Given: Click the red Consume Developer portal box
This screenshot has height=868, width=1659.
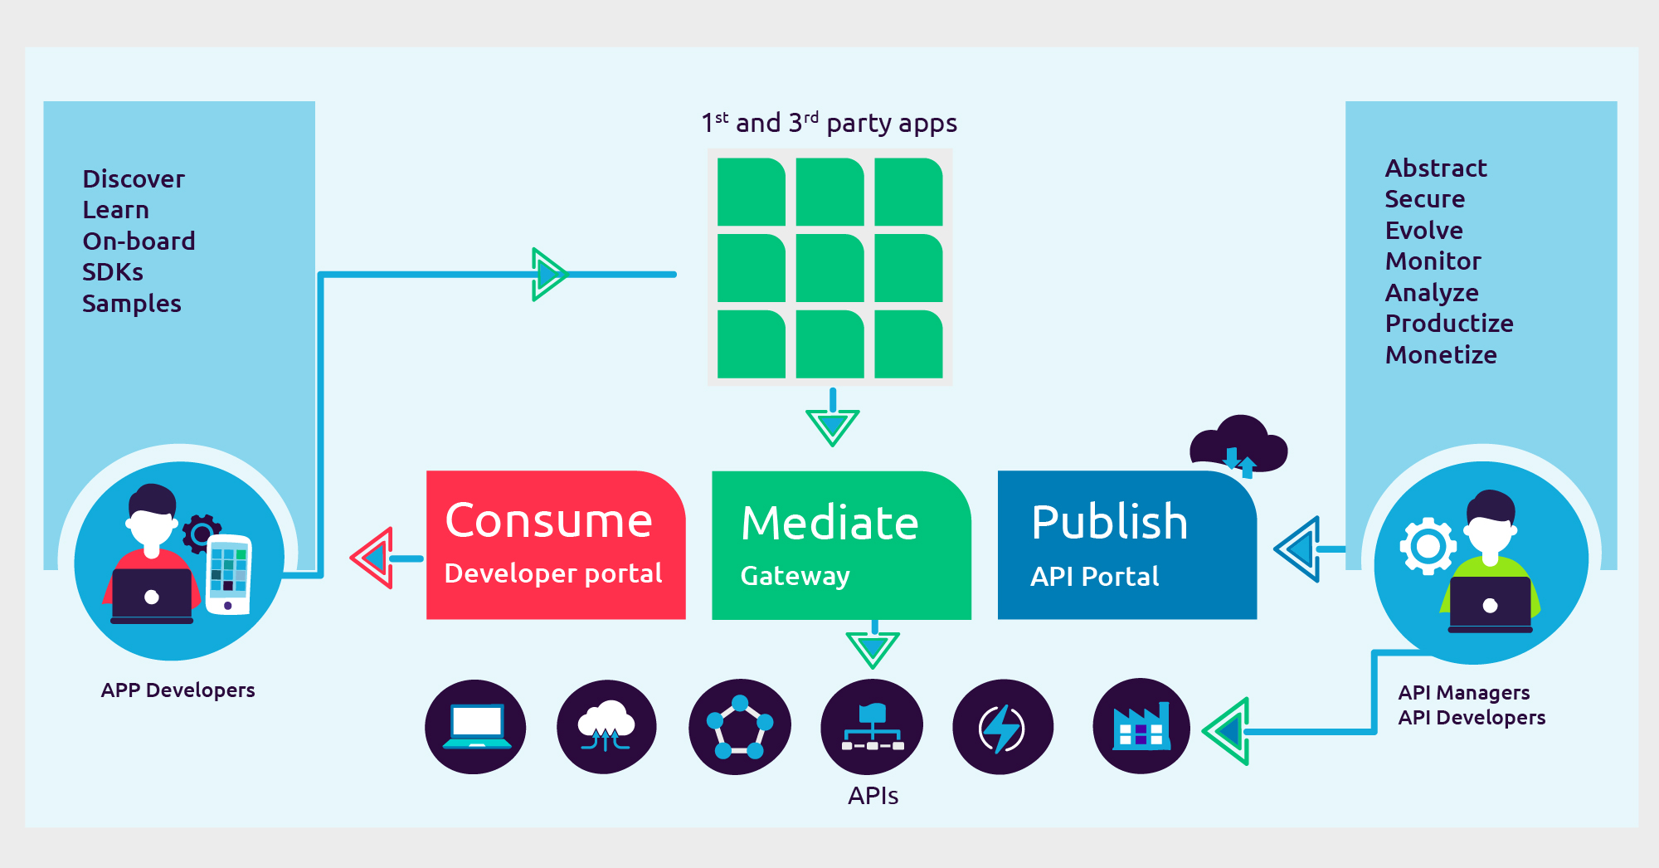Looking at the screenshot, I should point(555,544).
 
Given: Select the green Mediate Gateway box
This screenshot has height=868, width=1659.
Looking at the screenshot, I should point(840,546).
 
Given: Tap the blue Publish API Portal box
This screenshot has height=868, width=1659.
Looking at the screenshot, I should point(1126,546).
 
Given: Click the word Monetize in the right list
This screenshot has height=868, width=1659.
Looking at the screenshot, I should point(1441,355).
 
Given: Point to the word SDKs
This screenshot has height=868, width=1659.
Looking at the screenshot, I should point(113,272).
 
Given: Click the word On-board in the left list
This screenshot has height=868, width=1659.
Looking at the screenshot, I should point(139,241).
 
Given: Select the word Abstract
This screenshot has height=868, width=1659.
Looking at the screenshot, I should point(1436,168).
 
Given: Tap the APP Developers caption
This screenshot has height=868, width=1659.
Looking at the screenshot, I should point(178,690).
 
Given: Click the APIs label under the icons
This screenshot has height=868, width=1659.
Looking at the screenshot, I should point(873,796).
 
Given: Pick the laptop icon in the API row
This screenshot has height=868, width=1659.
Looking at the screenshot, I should point(475,727).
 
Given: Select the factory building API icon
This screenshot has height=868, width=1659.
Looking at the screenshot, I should point(1141,727).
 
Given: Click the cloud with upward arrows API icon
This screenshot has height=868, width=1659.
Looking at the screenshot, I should point(606,727).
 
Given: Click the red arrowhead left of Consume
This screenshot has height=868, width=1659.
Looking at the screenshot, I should point(373,558).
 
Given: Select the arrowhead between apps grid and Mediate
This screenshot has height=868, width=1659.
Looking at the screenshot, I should point(832,426).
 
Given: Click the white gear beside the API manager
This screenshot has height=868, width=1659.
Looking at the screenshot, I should point(1428,546).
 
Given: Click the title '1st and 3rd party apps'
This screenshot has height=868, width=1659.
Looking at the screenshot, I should point(829,123).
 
